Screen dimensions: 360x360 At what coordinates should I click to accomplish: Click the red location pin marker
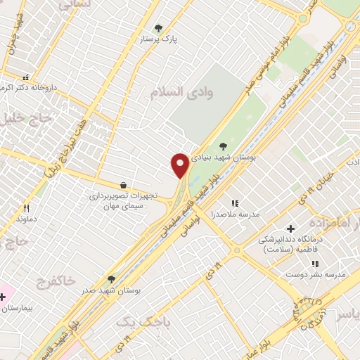(180, 165)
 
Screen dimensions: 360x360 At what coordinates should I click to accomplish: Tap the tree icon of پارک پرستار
(158, 29)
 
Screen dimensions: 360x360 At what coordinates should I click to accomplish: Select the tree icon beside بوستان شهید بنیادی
(223, 146)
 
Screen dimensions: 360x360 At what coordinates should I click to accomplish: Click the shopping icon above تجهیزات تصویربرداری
(124, 185)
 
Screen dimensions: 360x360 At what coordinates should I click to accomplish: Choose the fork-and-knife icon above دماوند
(27, 208)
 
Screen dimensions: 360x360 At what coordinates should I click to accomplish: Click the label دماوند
(25, 219)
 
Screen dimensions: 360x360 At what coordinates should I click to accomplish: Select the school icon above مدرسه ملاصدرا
(235, 203)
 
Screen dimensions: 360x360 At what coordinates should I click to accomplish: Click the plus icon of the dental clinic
(290, 229)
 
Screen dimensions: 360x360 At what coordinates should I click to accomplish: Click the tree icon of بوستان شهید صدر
(111, 279)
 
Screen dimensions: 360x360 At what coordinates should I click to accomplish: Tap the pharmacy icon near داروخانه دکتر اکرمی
(26, 77)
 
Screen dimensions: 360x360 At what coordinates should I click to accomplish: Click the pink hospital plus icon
(3, 297)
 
